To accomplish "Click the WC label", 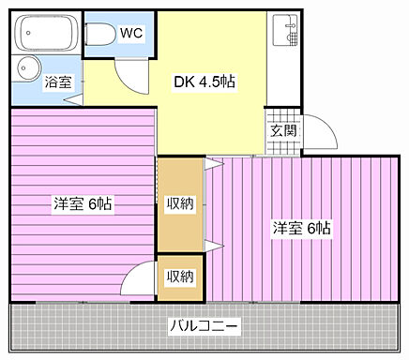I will [x=131, y=33].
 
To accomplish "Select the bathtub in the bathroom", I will [x=47, y=35].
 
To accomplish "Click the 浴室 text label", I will [x=58, y=82].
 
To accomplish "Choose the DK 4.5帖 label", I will [x=204, y=82].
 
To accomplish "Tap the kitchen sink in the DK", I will [x=282, y=34].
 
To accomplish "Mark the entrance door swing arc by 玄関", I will [x=319, y=134].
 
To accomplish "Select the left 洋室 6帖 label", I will [x=83, y=203].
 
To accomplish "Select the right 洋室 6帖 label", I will [x=301, y=227].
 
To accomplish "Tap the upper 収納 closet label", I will [x=180, y=204].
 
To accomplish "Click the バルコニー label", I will [x=204, y=326].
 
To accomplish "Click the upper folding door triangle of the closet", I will [x=214, y=164].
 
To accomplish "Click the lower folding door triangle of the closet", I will [x=214, y=246].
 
